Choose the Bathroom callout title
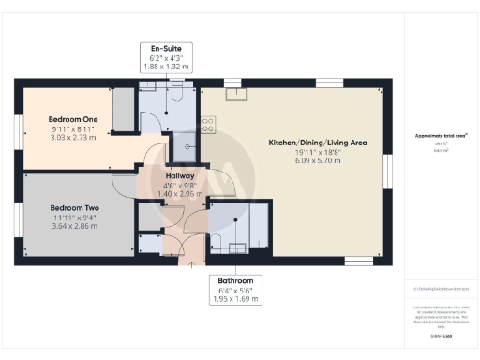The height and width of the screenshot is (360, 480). click(x=235, y=280)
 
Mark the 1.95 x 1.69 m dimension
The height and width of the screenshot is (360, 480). click(x=235, y=300)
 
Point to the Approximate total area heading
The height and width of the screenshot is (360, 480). click(x=441, y=136)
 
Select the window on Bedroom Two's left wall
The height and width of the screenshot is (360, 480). click(x=17, y=218)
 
